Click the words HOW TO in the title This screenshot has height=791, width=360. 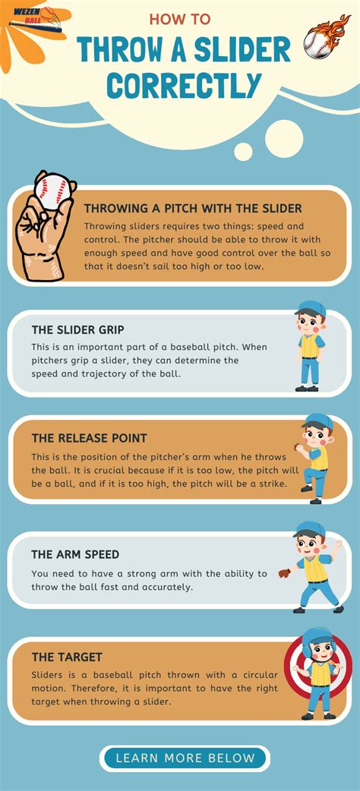coord(180,19)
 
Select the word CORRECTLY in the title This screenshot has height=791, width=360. coord(179,84)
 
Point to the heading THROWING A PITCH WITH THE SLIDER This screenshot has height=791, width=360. coord(193,208)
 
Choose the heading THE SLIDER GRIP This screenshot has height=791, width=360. coord(78,329)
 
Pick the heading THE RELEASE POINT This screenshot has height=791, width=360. coord(89,438)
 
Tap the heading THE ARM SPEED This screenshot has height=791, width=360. coord(75,554)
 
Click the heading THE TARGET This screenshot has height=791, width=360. coord(67,657)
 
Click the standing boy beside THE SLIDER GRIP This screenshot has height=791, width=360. coord(309,347)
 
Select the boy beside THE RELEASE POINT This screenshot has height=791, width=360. coord(314,458)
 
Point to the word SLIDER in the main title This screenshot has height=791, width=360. coord(242,49)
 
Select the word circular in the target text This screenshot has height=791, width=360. coord(252,675)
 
